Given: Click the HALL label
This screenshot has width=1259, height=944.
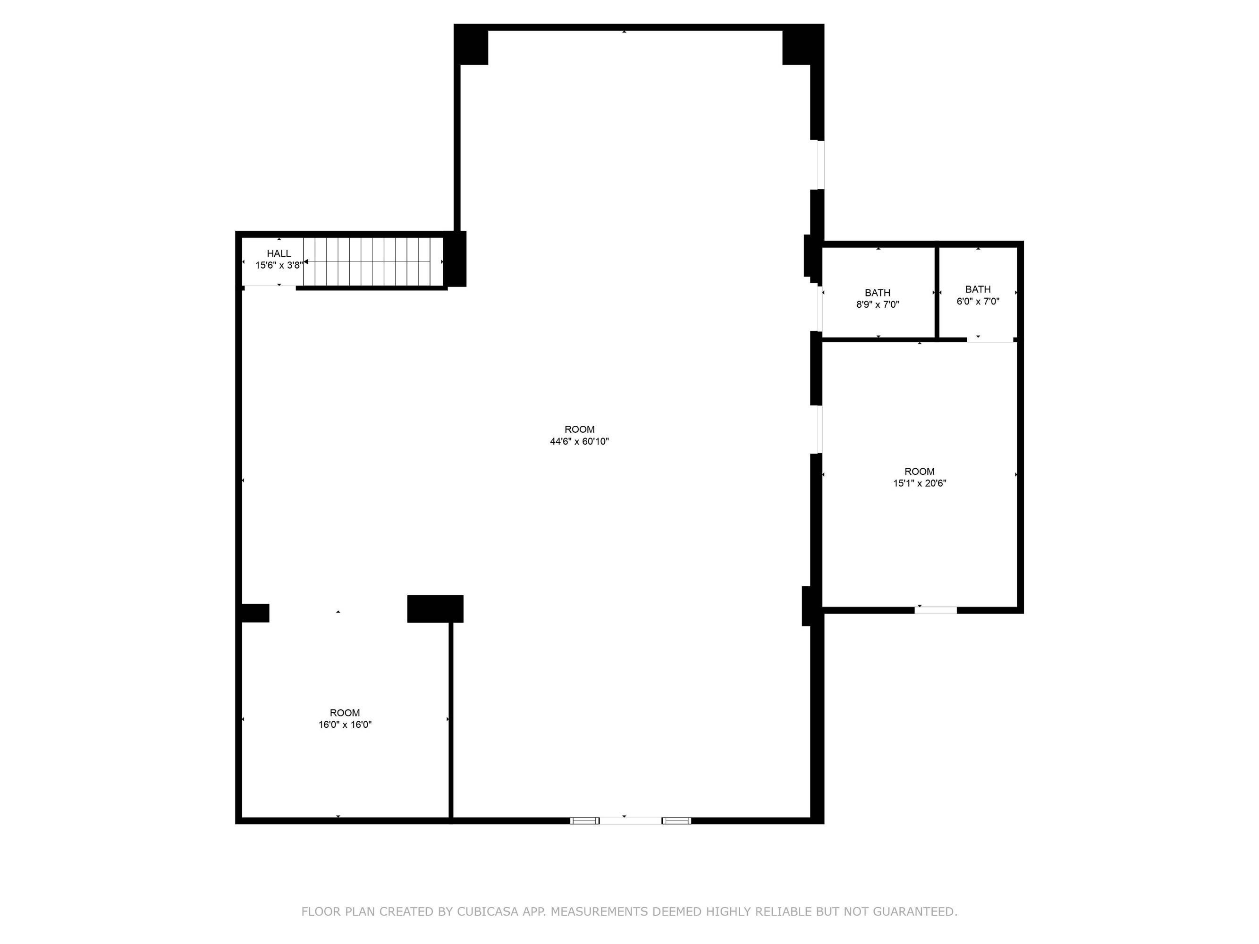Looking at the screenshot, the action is coord(279,253).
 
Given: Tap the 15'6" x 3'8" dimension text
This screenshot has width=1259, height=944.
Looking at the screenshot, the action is coord(279,265).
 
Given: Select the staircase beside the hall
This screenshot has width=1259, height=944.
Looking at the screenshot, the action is coord(373,262).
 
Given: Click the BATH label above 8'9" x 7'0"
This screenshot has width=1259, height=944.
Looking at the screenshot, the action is coord(878,293).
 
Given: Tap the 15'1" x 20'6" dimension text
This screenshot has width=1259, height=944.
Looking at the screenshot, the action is coord(920,483).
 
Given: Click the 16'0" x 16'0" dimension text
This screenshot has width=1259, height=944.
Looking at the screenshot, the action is coord(345,725).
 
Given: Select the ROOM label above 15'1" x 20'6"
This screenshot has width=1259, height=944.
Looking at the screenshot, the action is coord(920,471).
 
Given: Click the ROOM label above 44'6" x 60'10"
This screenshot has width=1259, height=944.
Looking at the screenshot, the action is coord(579,429).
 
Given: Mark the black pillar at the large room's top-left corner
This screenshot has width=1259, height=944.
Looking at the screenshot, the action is coord(471,45).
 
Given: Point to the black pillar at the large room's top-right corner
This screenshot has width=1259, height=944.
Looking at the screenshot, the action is coord(803,45).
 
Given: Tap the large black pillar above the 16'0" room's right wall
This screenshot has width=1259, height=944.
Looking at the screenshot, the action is coord(435,609).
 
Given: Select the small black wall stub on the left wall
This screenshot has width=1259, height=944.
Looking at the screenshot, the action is coord(254,613).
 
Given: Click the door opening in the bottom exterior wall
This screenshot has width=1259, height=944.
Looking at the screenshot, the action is coord(631,820).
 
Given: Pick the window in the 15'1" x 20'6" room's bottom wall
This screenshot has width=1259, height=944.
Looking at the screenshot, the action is coord(936,610).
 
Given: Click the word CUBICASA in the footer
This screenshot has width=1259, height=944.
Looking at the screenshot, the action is coord(488,911).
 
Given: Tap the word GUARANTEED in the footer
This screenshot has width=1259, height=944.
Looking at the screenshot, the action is coord(915,911).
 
